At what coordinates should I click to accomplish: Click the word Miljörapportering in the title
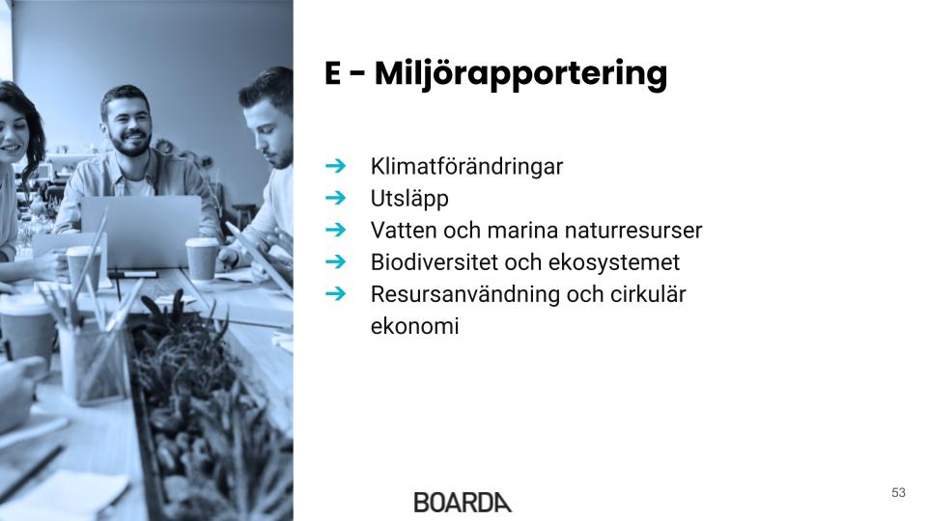520,74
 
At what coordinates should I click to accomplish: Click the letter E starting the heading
333,73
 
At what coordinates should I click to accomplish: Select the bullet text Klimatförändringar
466,166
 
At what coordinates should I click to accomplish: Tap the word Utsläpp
409,199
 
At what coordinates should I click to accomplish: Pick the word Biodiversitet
435,261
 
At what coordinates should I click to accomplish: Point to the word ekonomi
414,325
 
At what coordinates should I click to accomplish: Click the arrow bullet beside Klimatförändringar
336,166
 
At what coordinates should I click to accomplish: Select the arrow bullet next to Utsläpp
336,198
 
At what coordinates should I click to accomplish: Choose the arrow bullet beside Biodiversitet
336,261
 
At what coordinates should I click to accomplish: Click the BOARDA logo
463,502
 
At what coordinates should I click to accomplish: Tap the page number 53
898,493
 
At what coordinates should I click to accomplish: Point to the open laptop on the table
141,232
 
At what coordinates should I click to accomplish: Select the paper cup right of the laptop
202,259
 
